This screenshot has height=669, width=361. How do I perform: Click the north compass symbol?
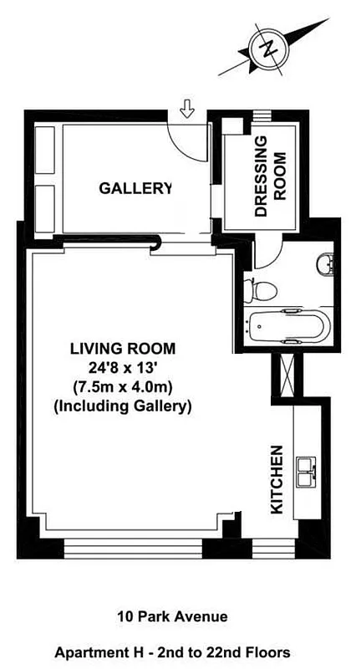point(268,49)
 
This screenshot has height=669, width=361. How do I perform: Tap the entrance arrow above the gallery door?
point(187,108)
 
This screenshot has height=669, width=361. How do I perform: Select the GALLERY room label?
point(135,188)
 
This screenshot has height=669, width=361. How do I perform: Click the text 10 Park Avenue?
point(172,617)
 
